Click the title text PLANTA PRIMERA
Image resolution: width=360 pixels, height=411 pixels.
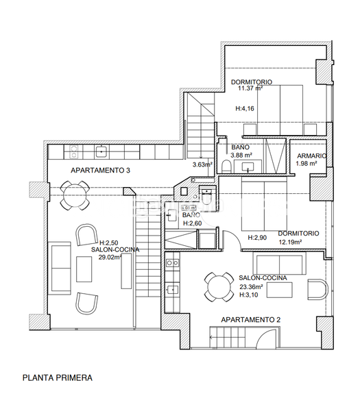(57, 377)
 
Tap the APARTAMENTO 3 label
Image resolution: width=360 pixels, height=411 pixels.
(100, 170)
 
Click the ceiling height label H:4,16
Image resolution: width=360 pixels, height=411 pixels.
(245, 108)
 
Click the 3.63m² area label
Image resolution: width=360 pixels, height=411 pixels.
(202, 164)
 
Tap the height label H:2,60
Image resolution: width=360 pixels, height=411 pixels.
(191, 223)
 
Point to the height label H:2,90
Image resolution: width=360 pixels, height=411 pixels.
(258, 237)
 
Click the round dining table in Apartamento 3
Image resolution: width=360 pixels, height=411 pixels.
(73, 194)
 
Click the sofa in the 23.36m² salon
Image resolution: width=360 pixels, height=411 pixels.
(280, 264)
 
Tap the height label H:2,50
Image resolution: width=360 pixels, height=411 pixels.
(109, 243)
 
